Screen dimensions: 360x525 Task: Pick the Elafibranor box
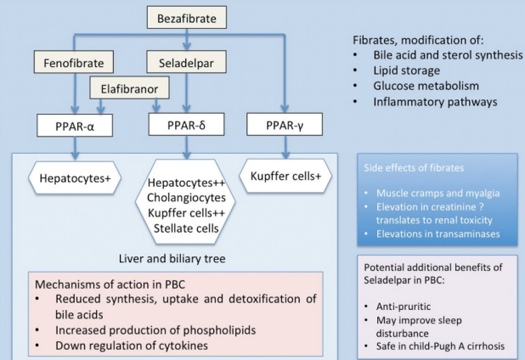pyautogui.click(x=129, y=89)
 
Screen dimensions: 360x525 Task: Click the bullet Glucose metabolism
pyautogui.click(x=426, y=86)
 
